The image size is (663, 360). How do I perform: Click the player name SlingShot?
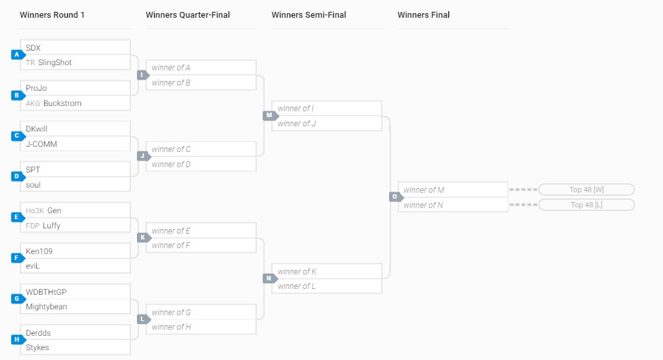(55, 63)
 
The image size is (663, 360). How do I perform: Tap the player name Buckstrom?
(63, 103)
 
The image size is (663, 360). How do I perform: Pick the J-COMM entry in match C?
(41, 144)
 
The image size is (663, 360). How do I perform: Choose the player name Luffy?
(52, 226)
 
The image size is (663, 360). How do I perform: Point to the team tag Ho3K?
(34, 211)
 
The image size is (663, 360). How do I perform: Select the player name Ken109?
(39, 251)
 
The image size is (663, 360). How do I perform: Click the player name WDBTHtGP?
(46, 292)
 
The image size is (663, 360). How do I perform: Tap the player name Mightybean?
(46, 307)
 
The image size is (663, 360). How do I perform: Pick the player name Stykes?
(38, 347)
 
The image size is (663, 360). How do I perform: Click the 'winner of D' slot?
(171, 165)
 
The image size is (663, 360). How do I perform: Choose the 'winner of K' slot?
(298, 271)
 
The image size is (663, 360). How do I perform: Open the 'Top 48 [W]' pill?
(586, 190)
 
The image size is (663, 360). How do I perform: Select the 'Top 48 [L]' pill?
(586, 205)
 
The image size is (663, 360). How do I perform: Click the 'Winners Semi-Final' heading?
(309, 15)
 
